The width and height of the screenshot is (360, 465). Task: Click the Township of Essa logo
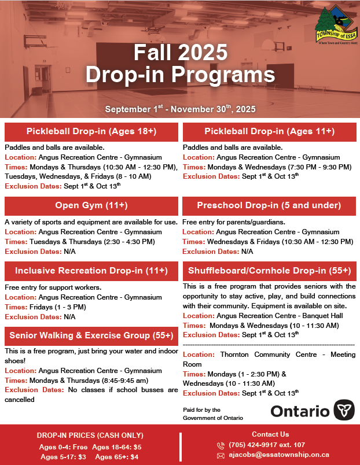click(335, 28)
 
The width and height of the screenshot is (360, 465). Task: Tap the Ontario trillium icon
click(342, 411)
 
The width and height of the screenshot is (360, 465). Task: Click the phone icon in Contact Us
click(221, 445)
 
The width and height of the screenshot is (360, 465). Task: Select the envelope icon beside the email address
click(221, 455)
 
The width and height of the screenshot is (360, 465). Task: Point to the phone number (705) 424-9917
click(258, 445)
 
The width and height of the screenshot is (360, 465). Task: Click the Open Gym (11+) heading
click(91, 205)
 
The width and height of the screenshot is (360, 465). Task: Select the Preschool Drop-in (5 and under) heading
click(269, 205)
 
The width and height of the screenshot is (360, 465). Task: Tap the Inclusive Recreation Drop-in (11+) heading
click(91, 271)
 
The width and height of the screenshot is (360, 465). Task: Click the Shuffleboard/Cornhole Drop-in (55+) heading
click(269, 271)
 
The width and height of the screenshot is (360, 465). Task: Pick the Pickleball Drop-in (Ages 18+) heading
click(91, 131)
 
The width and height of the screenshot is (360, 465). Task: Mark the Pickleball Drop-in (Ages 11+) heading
click(269, 131)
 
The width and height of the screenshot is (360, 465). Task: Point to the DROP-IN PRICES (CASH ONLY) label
click(90, 436)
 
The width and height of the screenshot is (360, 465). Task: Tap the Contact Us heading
click(270, 434)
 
